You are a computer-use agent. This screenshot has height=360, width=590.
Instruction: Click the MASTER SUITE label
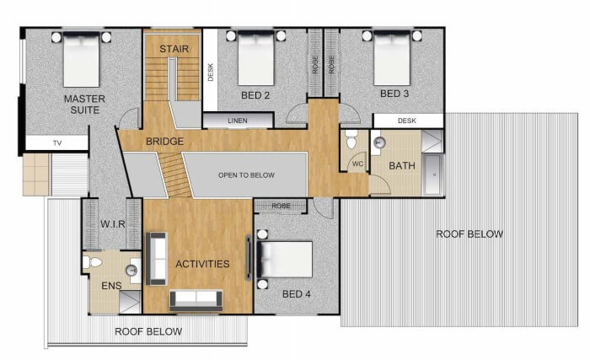(84, 105)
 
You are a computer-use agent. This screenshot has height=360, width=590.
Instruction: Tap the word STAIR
(174, 49)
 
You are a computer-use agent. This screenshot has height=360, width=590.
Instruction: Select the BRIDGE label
(165, 142)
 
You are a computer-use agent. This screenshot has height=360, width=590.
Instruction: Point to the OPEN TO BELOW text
(246, 175)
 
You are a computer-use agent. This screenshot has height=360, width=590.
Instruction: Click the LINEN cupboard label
(238, 121)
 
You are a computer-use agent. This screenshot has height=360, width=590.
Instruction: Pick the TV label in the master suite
(57, 143)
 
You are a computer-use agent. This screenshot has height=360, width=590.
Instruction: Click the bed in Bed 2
(256, 58)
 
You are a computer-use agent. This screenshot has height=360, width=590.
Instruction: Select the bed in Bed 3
(392, 58)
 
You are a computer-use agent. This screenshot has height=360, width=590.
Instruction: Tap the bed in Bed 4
(285, 260)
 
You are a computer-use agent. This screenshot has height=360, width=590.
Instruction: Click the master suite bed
(81, 60)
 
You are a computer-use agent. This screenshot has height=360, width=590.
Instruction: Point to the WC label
(358, 164)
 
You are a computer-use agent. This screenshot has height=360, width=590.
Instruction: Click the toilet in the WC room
(351, 139)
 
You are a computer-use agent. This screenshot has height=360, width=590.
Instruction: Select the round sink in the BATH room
(379, 142)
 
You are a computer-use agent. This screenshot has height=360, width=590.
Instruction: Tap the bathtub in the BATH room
(433, 175)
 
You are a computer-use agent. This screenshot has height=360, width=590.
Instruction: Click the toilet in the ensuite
(93, 262)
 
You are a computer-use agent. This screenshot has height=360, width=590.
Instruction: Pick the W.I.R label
(112, 224)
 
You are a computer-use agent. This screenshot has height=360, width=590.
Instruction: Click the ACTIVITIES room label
(202, 264)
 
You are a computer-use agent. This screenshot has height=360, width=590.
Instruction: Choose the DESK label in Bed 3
(407, 121)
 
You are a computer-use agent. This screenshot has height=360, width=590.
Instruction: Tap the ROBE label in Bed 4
(281, 206)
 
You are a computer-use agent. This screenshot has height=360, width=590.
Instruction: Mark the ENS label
(111, 286)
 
